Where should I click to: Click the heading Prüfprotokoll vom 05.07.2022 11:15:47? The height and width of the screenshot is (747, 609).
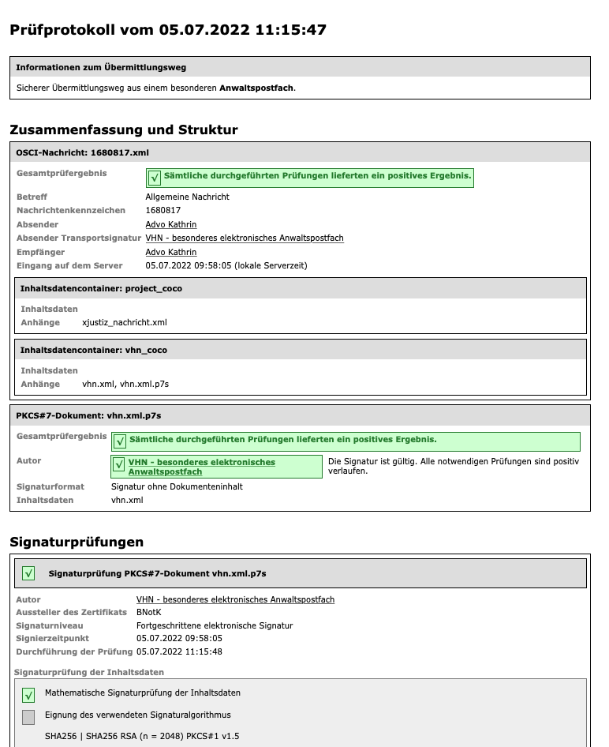[x=167, y=30]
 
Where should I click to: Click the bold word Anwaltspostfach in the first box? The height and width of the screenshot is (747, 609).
[x=256, y=88]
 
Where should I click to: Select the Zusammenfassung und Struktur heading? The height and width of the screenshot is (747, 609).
[x=123, y=130]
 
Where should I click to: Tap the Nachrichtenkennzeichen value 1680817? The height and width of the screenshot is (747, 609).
[x=163, y=211]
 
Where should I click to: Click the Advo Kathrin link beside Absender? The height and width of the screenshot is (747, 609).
[x=171, y=224]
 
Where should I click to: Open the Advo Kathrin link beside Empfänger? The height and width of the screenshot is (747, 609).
[x=171, y=252]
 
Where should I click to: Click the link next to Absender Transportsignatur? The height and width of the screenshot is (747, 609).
[x=245, y=238]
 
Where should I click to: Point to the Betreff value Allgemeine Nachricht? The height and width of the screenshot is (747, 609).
[x=188, y=197]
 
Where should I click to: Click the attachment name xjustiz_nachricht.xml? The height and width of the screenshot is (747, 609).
[x=125, y=322]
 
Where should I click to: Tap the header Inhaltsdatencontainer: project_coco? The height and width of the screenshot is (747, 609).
[x=101, y=288]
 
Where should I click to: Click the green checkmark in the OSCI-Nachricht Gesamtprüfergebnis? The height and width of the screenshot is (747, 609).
[x=155, y=178]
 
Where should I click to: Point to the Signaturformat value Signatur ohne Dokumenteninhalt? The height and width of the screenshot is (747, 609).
[x=177, y=486]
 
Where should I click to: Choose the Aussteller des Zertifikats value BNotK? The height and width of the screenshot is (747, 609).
[x=149, y=613]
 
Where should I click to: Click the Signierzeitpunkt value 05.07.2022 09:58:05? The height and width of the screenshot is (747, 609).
[x=179, y=638]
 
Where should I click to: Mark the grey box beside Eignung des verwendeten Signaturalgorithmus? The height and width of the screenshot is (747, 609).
[x=28, y=717]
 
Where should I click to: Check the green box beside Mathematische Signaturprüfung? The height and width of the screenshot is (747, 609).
[x=28, y=695]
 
